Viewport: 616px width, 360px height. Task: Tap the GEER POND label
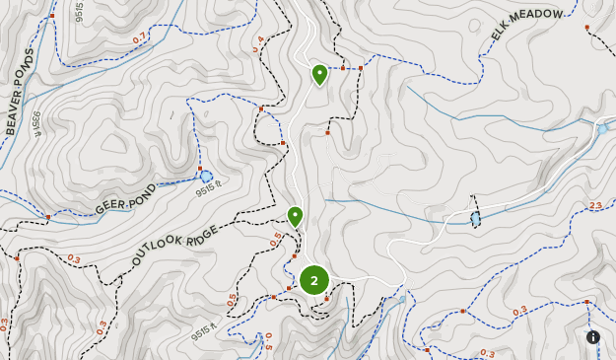(x=126, y=198)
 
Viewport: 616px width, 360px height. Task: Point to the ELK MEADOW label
(x=528, y=27)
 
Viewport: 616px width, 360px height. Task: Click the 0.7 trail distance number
(x=139, y=38)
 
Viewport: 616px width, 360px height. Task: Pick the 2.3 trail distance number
(x=594, y=205)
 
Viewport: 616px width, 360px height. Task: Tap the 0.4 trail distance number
(x=258, y=44)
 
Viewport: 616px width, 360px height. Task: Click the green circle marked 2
(x=313, y=281)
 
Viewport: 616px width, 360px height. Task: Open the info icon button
(x=593, y=337)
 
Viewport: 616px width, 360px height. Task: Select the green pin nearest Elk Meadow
(x=319, y=74)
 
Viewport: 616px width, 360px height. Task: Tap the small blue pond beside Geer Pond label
(x=206, y=178)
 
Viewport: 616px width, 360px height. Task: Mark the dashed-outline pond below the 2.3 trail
(x=475, y=218)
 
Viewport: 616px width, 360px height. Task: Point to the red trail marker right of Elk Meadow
(x=587, y=27)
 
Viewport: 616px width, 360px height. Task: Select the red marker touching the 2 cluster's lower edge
(x=325, y=298)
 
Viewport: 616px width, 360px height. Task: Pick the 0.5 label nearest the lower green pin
(x=276, y=237)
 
